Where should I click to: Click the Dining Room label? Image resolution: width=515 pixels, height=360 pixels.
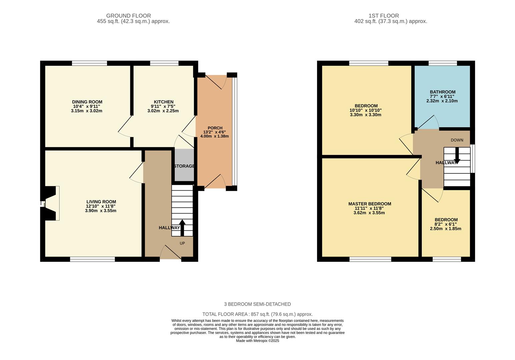coord(87,102)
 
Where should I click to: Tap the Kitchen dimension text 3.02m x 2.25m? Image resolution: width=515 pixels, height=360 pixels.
coord(163,111)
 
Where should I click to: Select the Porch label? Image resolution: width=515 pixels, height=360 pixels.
coord(215,128)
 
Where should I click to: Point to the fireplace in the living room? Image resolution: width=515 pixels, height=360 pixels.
coord(50,203)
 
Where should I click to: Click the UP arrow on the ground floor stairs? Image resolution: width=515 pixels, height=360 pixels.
coord(182,227)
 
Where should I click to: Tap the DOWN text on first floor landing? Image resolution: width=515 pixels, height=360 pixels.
coord(457,140)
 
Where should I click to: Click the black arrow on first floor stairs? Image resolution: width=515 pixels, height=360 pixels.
coord(457,156)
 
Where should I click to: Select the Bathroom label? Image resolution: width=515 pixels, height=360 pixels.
coord(442,92)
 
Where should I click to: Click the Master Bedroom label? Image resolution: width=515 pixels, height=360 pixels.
coord(369,204)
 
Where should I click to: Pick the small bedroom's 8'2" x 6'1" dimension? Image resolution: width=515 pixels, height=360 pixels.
coord(445,224)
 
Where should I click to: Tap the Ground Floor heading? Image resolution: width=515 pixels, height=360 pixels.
coord(128,16)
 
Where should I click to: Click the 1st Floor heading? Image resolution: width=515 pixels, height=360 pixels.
coord(383,16)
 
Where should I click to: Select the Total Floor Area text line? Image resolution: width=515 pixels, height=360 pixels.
coord(257,314)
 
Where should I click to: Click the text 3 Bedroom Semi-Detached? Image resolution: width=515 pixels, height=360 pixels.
coord(257,304)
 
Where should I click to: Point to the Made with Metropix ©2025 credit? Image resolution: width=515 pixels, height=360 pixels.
coord(257,341)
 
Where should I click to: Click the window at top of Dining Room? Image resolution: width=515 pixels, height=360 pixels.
coord(89,63)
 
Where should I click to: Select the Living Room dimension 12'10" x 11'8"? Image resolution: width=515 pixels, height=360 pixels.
coord(101,206)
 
